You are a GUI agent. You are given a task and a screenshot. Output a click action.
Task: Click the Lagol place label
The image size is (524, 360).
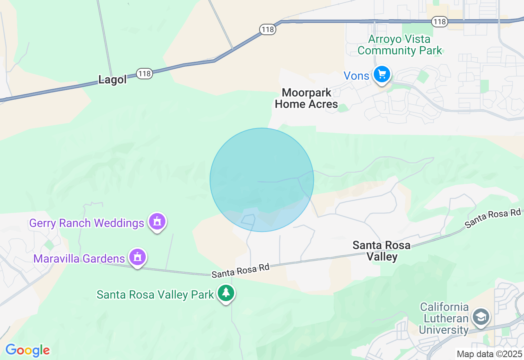(x=113, y=79)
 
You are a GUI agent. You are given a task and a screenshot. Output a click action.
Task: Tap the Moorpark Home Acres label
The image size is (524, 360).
(x=306, y=98)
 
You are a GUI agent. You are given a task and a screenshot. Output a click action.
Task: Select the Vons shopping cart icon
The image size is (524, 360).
(x=382, y=74)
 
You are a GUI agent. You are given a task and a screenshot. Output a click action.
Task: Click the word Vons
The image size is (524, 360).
(x=357, y=76)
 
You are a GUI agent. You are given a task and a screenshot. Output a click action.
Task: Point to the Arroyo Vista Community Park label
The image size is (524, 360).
(x=400, y=45)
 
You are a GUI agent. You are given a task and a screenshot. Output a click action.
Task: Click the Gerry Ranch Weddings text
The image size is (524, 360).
(x=87, y=223)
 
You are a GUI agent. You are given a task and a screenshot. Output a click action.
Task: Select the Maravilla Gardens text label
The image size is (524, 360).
(x=79, y=259)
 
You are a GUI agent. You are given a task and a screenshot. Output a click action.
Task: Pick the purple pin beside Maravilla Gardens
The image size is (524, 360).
(x=138, y=257)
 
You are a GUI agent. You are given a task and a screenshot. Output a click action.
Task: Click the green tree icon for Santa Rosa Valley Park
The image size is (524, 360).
(x=226, y=293)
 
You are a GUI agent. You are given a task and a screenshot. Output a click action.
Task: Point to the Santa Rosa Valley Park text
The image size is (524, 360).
(x=155, y=295)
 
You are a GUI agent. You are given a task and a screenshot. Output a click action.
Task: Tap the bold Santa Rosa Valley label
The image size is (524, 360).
(x=382, y=251)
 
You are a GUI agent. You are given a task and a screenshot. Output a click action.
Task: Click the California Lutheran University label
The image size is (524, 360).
(x=444, y=318)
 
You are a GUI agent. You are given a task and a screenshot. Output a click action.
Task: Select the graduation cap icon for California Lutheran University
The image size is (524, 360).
(x=481, y=317)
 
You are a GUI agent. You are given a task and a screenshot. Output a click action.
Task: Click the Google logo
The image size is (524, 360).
(x=27, y=350)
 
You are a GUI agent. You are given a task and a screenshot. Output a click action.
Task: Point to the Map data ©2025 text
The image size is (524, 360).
(x=489, y=354)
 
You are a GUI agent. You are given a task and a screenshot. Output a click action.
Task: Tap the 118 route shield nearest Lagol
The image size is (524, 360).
(x=145, y=74)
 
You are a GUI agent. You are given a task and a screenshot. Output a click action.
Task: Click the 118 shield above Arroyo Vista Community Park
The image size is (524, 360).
(x=440, y=22)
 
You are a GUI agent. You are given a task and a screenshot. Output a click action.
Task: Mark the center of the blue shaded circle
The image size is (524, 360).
(x=262, y=180)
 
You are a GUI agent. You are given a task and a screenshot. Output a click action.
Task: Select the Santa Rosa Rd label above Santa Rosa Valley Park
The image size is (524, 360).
(x=241, y=270)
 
